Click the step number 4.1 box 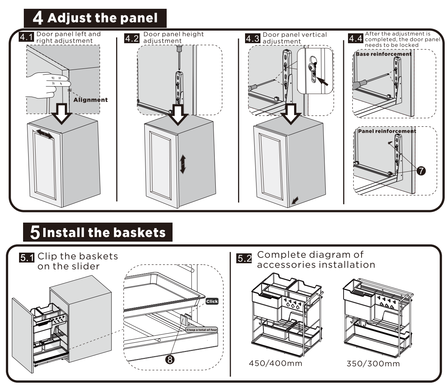click(x=27, y=37)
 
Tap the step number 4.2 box click(x=132, y=38)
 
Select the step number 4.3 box click(x=252, y=38)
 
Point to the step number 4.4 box click(x=355, y=38)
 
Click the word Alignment click(x=90, y=100)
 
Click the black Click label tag click(x=212, y=301)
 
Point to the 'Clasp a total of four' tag click(x=201, y=330)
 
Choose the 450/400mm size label click(x=275, y=363)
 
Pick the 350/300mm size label click(x=373, y=364)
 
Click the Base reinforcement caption click(x=384, y=54)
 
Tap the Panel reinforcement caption click(x=387, y=131)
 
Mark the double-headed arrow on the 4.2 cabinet click(x=182, y=164)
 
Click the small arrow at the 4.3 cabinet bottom click(x=295, y=200)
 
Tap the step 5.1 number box click(x=27, y=258)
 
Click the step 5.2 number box click(x=245, y=258)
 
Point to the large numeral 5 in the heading click(x=35, y=233)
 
